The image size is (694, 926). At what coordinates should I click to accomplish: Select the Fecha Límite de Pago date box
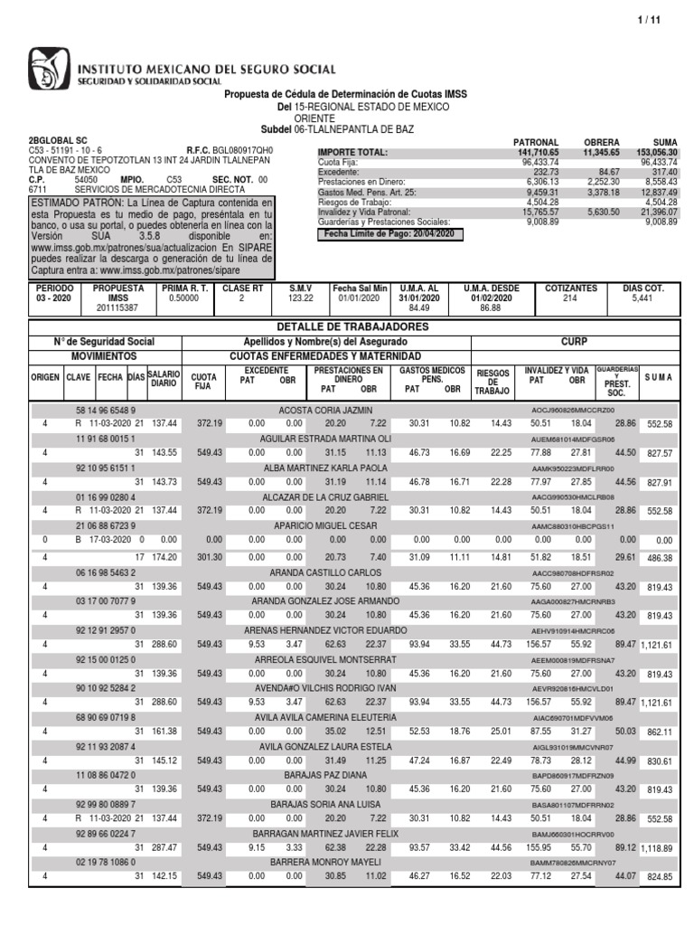[x=389, y=234]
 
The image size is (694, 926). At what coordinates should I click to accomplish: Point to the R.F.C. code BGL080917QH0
[x=241, y=150]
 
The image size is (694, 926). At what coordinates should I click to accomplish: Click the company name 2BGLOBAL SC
[x=61, y=141]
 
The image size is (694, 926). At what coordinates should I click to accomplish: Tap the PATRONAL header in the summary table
[x=536, y=143]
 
